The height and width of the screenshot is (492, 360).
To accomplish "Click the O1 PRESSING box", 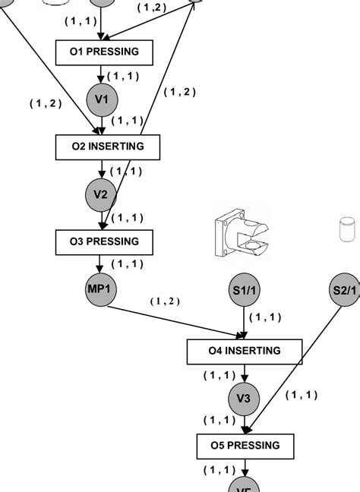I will pos(105,52).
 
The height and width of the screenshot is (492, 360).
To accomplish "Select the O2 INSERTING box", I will pos(108,147).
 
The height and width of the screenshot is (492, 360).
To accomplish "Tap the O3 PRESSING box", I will pos(104,242).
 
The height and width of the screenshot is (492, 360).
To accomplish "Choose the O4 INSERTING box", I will pos(244,351).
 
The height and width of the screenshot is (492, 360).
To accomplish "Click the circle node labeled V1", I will pos(101,99).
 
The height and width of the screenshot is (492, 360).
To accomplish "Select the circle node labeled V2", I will pos(101,194).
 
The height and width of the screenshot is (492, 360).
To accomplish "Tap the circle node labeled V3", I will pos(244,398).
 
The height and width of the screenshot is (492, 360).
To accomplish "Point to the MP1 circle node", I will pos(101,289).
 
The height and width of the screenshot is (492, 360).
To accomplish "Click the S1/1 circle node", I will pos(244,289).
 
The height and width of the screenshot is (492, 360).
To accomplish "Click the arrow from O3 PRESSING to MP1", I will pos(101,264).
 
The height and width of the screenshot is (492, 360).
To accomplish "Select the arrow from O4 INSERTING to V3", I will pos(244,373).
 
